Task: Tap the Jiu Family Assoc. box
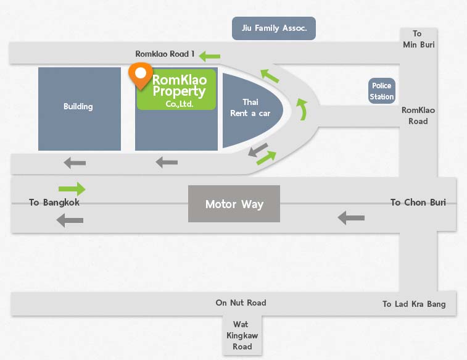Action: click(274, 28)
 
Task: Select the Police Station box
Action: click(382, 91)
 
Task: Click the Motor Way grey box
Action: click(234, 204)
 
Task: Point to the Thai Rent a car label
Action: click(250, 107)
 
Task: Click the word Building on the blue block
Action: click(78, 107)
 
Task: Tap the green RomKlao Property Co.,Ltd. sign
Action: click(176, 90)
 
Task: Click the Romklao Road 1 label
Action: click(165, 54)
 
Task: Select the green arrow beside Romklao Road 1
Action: click(210, 56)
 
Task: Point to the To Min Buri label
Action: click(418, 39)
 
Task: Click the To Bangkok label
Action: click(54, 203)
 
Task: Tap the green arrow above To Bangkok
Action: click(72, 189)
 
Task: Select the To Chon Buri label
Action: click(418, 203)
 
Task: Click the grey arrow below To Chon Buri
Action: click(351, 218)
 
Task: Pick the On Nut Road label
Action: click(241, 303)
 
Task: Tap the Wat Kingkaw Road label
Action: click(242, 335)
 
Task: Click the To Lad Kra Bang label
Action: click(414, 304)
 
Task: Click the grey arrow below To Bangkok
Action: click(70, 220)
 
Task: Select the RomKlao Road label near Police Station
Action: click(418, 115)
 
